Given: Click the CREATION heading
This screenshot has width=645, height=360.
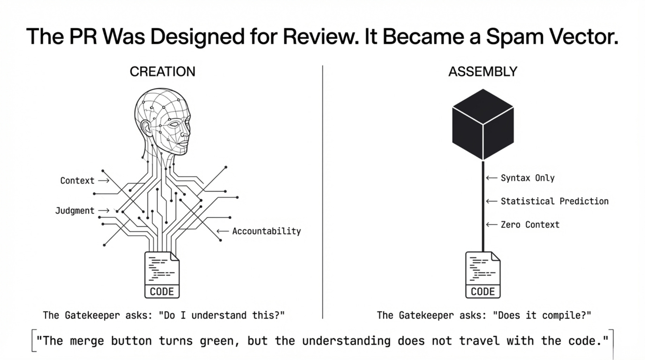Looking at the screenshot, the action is [162, 72].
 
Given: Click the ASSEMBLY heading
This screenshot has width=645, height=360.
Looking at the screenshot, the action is [483, 72].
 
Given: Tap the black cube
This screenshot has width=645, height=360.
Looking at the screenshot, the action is [483, 124].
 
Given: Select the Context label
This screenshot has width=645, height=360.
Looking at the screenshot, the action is [77, 181].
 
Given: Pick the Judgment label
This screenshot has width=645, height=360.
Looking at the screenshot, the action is [75, 211].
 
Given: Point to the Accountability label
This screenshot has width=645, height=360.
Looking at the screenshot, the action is [266, 231].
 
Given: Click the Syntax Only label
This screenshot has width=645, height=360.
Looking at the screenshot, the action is [528, 178].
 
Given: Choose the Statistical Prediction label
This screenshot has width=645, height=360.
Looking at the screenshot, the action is [554, 201].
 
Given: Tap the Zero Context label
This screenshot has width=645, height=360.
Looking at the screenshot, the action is [530, 225].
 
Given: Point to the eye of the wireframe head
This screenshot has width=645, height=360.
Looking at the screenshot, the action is [173, 124].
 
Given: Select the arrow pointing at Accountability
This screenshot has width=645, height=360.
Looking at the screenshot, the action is [223, 231].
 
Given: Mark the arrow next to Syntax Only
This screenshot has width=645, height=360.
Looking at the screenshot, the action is [491, 178].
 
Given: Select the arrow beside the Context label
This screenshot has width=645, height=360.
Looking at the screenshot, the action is [103, 181].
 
